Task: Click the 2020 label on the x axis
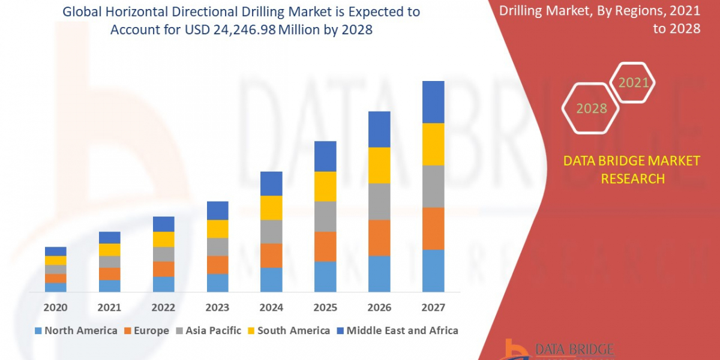55,308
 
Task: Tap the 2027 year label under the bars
433,308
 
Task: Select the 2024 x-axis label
271,308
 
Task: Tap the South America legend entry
288,331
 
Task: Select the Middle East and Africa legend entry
397,331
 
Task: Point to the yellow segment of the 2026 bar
379,165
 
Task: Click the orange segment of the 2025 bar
325,246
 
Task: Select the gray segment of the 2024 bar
271,232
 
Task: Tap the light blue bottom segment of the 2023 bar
217,283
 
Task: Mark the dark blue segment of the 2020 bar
55,251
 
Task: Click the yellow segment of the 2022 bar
163,239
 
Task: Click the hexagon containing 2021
633,83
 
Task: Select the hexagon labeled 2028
592,109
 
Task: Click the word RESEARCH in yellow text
632,179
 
